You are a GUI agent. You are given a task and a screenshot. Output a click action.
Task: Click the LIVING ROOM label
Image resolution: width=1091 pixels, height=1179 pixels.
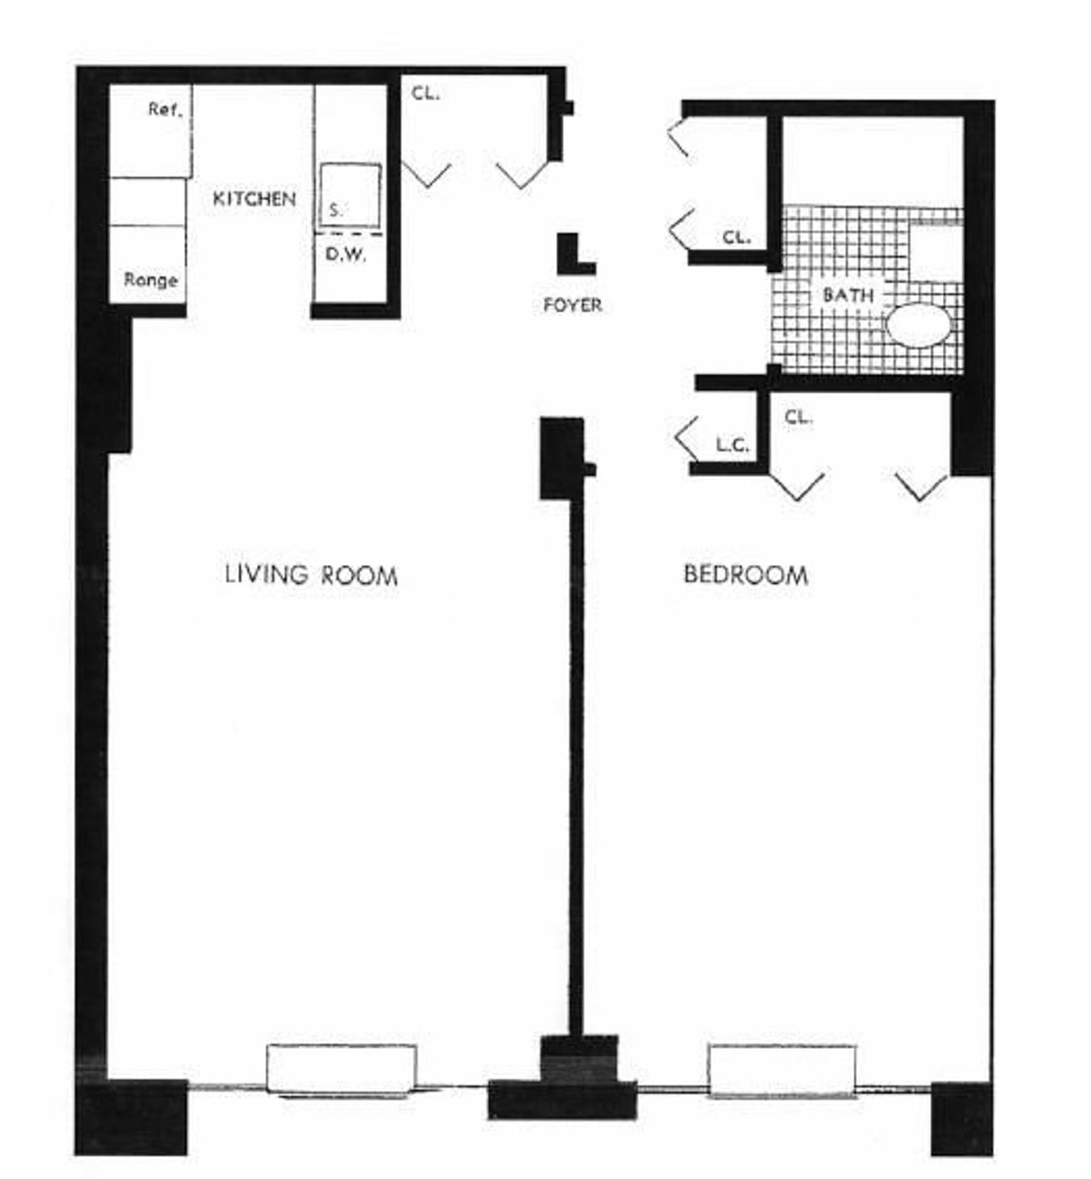[x=311, y=575]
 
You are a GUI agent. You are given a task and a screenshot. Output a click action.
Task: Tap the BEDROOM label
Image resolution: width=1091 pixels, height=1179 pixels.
[x=746, y=575]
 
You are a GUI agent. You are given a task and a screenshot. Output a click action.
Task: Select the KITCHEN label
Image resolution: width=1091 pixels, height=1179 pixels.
[x=255, y=198]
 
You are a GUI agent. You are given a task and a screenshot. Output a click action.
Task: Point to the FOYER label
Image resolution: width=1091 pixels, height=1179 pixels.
[x=572, y=306]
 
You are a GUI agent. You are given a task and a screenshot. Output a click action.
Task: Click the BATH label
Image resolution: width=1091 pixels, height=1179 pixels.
[x=847, y=295]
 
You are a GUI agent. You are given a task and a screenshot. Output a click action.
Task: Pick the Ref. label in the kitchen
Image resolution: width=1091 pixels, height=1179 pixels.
[x=166, y=111]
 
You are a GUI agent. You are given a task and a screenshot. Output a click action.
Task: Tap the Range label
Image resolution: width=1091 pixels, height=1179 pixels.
[x=151, y=280]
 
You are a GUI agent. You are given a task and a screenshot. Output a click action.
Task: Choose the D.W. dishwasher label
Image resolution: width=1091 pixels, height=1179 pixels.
[x=345, y=256]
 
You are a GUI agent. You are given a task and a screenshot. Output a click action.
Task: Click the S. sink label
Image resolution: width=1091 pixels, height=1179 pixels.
[x=336, y=209]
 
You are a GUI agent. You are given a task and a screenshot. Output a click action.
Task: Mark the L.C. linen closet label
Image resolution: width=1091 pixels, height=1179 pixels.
[x=731, y=445]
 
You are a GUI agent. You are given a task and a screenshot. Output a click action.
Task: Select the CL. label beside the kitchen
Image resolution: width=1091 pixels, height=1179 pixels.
[x=425, y=92]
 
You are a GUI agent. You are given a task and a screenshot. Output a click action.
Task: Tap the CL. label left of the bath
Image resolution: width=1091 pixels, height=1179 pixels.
[x=736, y=237]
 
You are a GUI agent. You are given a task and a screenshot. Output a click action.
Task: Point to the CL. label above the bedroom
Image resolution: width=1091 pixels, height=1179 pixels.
[x=798, y=418]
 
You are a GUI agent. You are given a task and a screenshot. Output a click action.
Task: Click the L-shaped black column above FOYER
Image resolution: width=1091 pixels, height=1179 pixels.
[x=575, y=255]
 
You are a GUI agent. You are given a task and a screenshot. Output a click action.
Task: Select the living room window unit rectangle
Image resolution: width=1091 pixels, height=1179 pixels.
[x=342, y=1068]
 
